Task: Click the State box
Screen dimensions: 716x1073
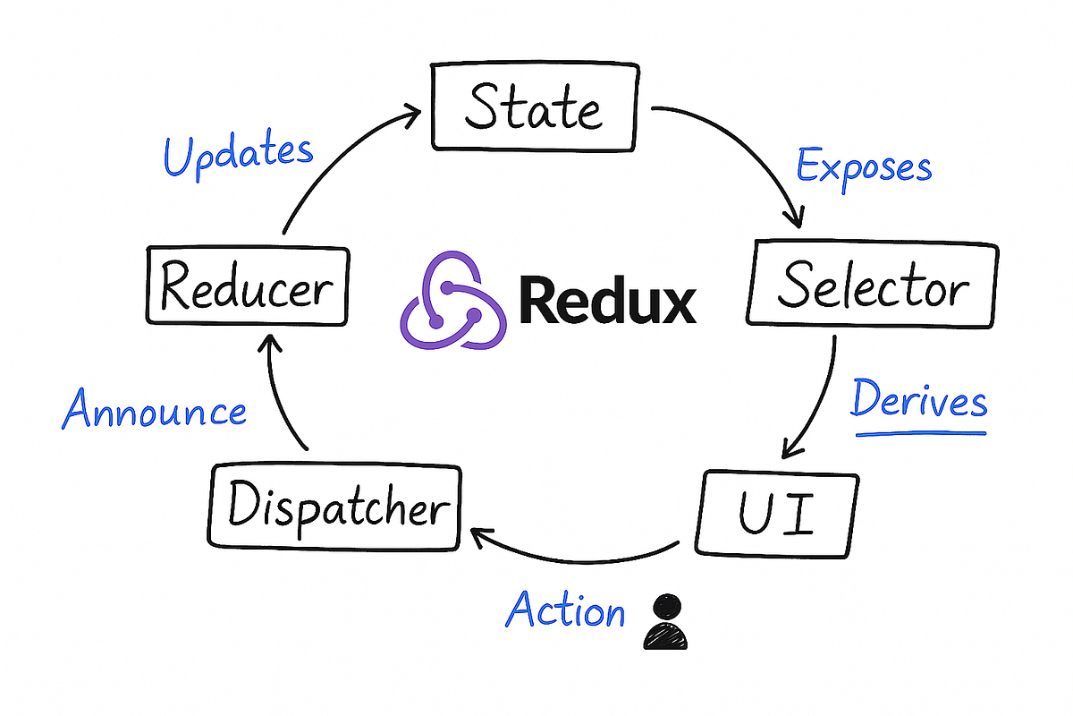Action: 534,107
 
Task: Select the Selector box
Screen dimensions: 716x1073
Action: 872,285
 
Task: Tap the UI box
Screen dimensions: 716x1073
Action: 776,515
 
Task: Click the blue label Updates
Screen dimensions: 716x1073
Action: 239,155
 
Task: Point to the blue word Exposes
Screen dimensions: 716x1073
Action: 864,166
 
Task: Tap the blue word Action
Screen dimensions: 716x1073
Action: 565,612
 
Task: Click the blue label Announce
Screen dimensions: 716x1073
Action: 154,413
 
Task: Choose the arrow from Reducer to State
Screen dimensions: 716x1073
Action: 331,152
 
